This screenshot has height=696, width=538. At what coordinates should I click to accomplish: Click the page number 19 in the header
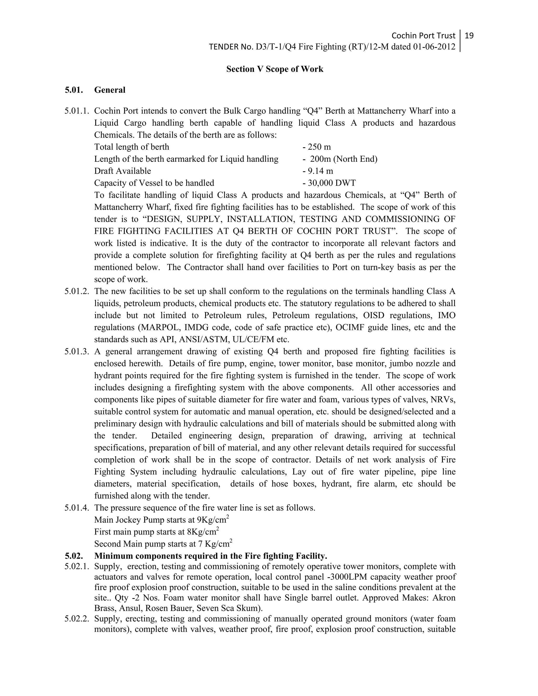point(469,35)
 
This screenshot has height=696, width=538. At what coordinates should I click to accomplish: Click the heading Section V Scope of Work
point(275,69)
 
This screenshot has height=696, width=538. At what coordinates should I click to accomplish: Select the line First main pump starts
point(156,532)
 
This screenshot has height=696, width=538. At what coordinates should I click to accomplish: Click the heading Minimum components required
point(210,556)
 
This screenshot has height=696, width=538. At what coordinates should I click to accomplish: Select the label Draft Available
point(122,171)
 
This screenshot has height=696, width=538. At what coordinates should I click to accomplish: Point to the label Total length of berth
point(131,147)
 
